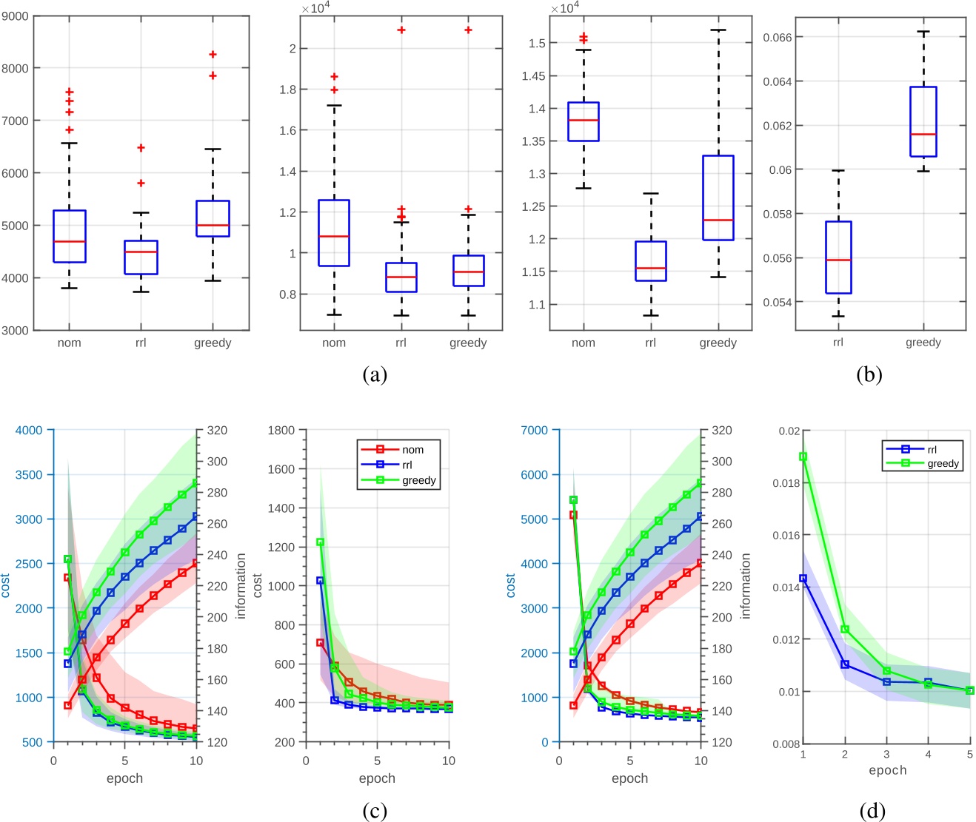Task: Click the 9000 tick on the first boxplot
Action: tap(15, 16)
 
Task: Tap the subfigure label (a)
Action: tap(375, 374)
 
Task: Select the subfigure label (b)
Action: tap(869, 374)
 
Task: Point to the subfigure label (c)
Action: tap(375, 811)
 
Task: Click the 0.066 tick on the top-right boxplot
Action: tap(777, 38)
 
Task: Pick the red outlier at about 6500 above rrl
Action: tap(141, 148)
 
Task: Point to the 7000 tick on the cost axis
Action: tap(535, 430)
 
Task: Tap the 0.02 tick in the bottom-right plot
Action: tap(789, 431)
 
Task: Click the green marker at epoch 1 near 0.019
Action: tap(803, 457)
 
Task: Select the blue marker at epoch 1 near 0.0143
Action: tap(803, 579)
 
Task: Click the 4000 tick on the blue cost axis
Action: tap(30, 430)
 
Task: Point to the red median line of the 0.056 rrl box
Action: tap(838, 260)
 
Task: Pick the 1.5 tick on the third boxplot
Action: tap(537, 44)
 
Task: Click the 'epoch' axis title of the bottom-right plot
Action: tap(887, 770)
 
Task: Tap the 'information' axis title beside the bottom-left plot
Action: tap(241, 585)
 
